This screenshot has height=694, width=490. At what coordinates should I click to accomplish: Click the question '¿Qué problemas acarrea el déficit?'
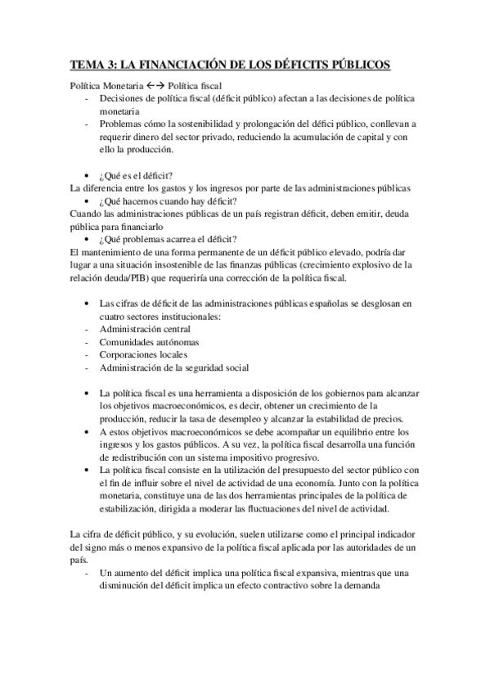pyautogui.click(x=168, y=238)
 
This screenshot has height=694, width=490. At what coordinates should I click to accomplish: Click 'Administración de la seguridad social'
pyautogui.click(x=173, y=367)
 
